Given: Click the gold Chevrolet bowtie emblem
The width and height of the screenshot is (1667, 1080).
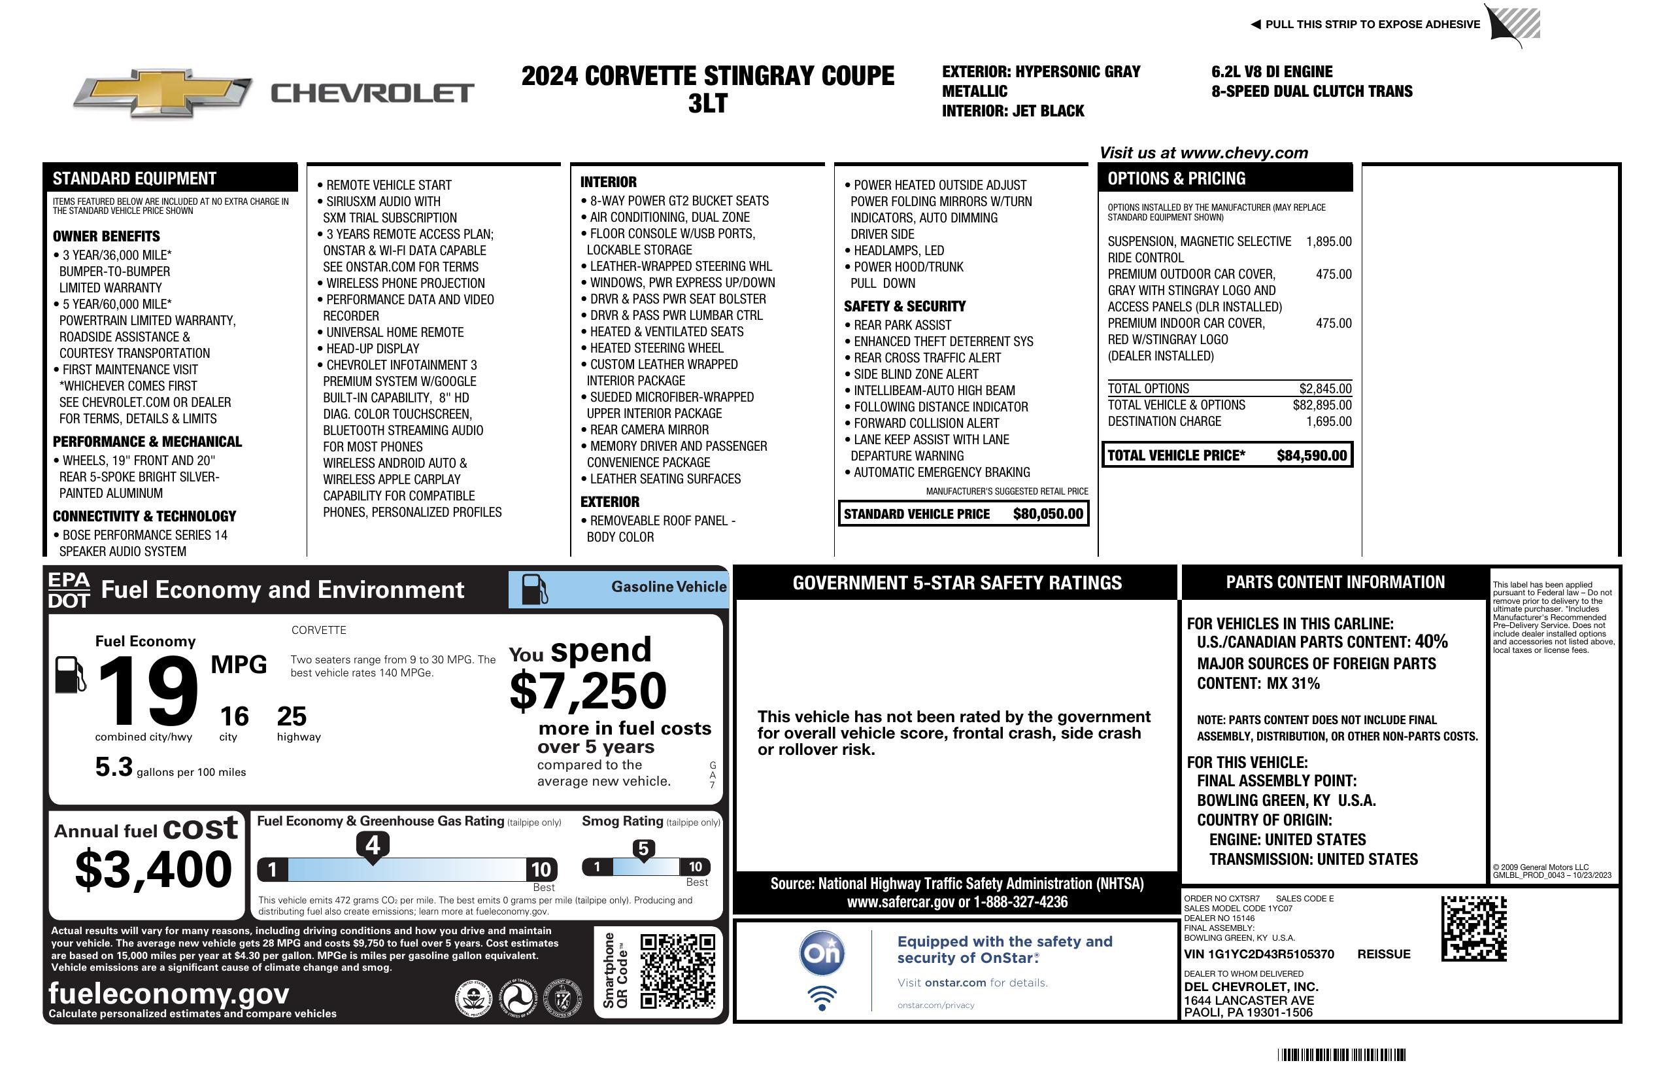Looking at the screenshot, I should point(163,92).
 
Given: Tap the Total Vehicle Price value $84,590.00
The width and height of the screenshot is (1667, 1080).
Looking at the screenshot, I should point(1311,455).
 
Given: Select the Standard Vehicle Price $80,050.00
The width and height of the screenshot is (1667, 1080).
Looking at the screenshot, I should point(1048,514).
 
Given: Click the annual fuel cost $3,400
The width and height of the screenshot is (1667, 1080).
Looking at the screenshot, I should point(153,869).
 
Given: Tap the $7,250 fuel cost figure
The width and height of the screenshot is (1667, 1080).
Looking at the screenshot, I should point(588,691).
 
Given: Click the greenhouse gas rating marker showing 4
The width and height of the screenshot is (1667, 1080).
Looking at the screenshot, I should point(373,845).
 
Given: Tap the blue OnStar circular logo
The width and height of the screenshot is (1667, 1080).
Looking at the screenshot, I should point(822,953).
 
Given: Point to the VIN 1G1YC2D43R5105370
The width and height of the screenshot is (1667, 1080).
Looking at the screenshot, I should point(1258,954).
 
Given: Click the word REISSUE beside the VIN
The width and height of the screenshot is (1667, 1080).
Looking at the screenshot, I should point(1383,954).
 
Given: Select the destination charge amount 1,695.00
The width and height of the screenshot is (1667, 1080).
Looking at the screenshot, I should point(1328,421).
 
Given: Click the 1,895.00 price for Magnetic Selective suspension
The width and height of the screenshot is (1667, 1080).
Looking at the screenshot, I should point(1328,242).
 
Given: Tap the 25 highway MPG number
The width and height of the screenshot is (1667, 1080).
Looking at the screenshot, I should point(292,716).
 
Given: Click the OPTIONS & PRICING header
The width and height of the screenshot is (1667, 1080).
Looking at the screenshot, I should point(1176,179).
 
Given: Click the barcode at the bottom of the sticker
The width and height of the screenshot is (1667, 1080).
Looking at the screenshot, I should point(1341,1054).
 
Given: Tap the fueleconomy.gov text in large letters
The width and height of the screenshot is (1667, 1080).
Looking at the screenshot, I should point(169,994).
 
